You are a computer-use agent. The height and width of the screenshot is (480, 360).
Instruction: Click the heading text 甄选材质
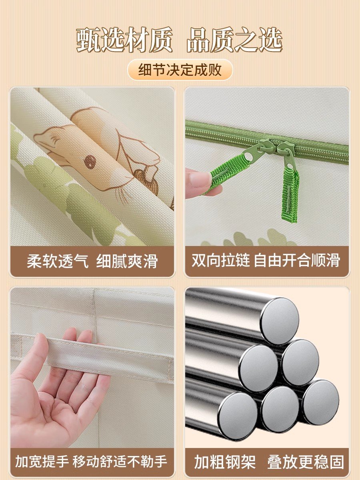pyautogui.click(x=124, y=40)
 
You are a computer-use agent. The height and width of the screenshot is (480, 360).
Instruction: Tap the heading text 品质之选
pyautogui.click(x=234, y=40)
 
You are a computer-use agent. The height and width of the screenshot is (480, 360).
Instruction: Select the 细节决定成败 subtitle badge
pyautogui.click(x=180, y=70)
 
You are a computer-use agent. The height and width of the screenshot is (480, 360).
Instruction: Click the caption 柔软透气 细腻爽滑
pyautogui.click(x=92, y=261)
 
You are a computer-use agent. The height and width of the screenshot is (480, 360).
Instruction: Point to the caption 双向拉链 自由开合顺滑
pyautogui.click(x=266, y=260)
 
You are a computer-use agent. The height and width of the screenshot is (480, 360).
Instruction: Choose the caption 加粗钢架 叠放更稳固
pyautogui.click(x=269, y=455)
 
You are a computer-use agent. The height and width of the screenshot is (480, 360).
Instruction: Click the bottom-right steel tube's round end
pyautogui.click(x=320, y=402)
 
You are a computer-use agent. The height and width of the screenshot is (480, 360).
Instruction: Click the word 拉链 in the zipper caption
pyautogui.click(x=236, y=260)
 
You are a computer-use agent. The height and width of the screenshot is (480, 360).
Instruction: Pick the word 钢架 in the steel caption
pyautogui.click(x=240, y=455)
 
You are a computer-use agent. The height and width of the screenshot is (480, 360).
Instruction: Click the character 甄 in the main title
pyautogui.click(x=88, y=40)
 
